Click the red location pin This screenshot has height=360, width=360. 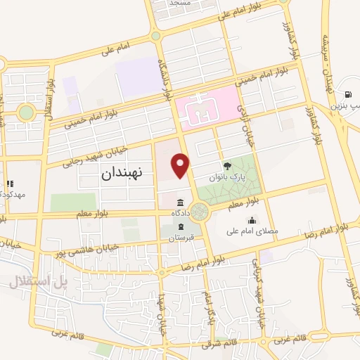click(x=181, y=166)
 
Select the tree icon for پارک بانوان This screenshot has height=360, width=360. click(x=227, y=166)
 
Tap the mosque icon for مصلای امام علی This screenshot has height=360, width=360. click(x=252, y=221)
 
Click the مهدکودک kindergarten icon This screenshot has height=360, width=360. click(x=10, y=184)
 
